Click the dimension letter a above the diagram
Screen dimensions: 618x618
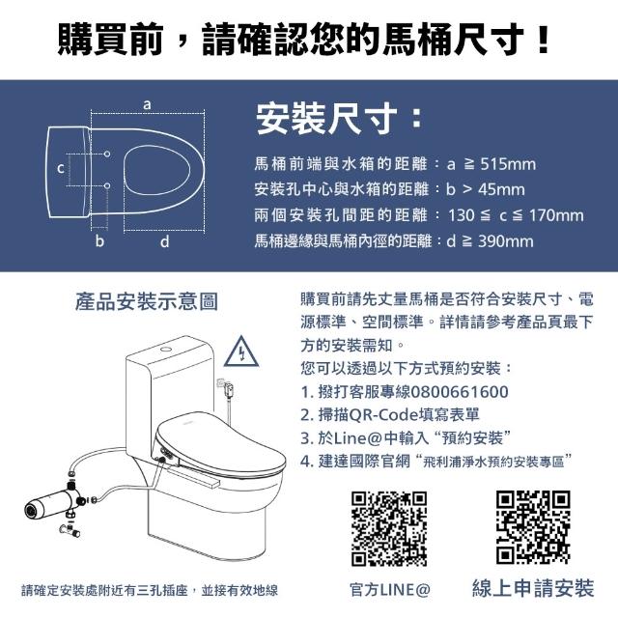click(147, 105)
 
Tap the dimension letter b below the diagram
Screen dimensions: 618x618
click(99, 240)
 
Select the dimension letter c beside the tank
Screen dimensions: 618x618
click(60, 168)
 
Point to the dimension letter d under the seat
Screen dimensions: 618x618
click(165, 240)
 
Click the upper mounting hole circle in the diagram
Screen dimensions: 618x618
click(107, 154)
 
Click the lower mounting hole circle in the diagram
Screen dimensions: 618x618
click(107, 185)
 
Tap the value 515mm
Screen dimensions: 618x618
click(508, 164)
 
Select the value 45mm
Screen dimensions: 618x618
click(501, 189)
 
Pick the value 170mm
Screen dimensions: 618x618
click(556, 215)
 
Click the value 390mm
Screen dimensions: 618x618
click(506, 240)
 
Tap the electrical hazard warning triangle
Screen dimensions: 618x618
click(241, 351)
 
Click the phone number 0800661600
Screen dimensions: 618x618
click(460, 392)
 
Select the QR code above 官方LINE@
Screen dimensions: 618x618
click(389, 528)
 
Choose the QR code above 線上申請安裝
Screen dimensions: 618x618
click(533, 527)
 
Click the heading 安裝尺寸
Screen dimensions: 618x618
click(326, 119)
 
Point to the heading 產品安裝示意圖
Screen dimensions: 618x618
click(147, 301)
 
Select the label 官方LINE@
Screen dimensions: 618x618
click(390, 590)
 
